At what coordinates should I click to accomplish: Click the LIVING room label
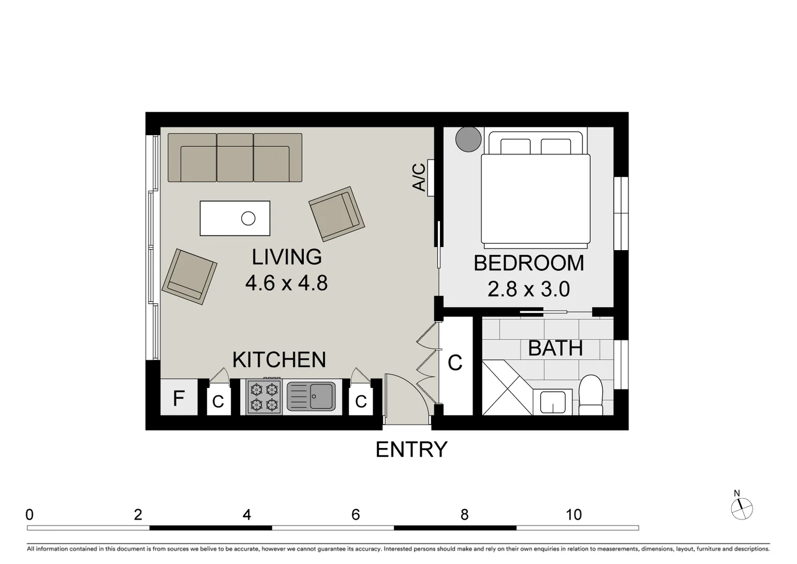coord(287,257)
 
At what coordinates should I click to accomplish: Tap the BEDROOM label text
coord(528,263)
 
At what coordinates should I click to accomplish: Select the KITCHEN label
coord(279,360)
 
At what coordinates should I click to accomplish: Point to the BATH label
coord(555,348)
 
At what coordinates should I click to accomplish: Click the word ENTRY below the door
coord(411,450)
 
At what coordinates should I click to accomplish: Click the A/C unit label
coord(419,178)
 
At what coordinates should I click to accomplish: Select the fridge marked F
coord(179,398)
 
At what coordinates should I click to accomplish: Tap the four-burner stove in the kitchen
coord(264,397)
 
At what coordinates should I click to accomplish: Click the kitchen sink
coord(312,396)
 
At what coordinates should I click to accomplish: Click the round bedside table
coord(468,139)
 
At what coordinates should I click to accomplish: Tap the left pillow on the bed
coord(515,146)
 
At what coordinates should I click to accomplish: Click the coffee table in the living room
coord(235,218)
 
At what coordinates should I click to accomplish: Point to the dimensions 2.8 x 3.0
coord(528,289)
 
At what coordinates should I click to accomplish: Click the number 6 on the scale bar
coord(355,515)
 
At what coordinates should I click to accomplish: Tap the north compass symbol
coord(741,508)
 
